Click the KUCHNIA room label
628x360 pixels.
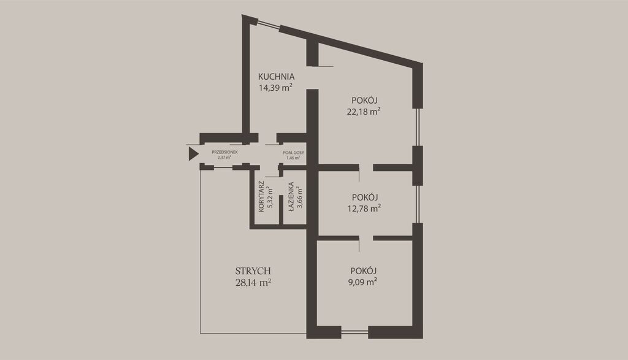tap(277, 77)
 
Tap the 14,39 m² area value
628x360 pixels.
tap(275, 88)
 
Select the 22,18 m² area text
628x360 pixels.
tap(364, 112)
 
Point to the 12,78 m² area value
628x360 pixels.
tap(364, 209)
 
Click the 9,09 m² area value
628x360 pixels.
tap(363, 282)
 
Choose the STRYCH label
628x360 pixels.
tap(253, 272)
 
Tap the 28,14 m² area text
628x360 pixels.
tap(253, 283)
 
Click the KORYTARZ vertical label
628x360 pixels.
tap(261, 197)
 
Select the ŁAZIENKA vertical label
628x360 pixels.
tap(291, 196)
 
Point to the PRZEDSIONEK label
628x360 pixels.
tap(224, 152)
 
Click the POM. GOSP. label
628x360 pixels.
tap(294, 153)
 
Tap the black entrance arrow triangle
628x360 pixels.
tap(194, 154)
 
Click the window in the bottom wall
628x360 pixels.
tap(354, 332)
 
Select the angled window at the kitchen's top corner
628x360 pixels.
tap(267, 24)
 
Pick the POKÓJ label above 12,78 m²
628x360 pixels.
tap(365, 197)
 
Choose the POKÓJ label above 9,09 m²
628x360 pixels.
tap(364, 270)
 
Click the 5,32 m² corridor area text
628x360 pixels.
tap(270, 197)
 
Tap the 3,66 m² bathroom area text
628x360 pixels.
tap(300, 197)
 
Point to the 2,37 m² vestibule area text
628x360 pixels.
tap(224, 158)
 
